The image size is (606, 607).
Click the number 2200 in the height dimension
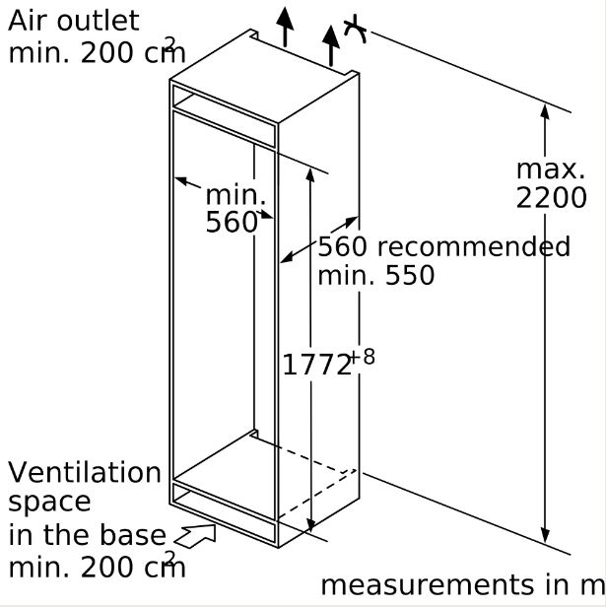point(551,198)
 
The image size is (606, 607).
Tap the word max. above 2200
point(551,169)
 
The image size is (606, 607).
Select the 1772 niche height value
point(316,366)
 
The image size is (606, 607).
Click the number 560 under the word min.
point(232,223)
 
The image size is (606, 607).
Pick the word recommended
point(473,246)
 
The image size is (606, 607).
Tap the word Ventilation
point(85,473)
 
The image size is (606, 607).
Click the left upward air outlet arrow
point(285,25)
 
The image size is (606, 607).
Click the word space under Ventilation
point(49,503)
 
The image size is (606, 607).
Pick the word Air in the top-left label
point(27,21)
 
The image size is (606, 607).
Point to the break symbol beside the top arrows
point(357,30)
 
